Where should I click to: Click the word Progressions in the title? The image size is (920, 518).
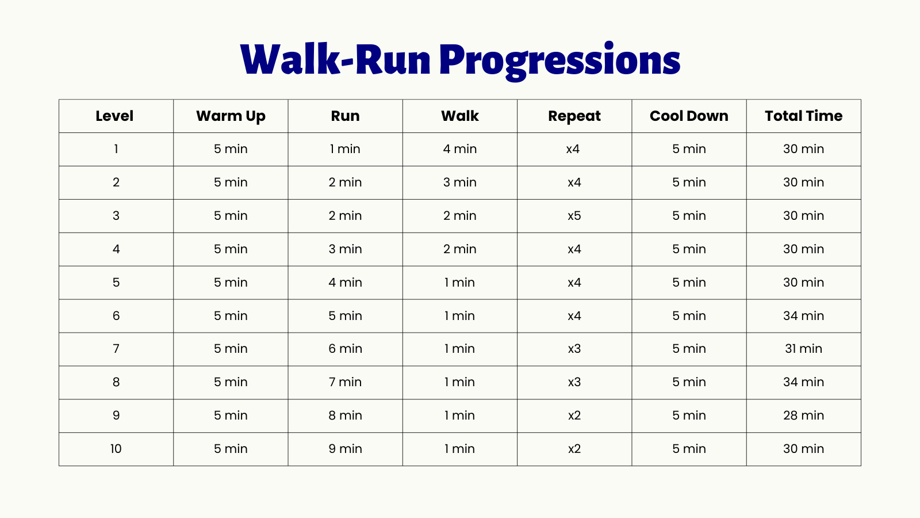pyautogui.click(x=560, y=61)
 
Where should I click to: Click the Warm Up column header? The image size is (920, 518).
pyautogui.click(x=231, y=116)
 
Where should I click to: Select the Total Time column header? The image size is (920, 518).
pyautogui.click(x=803, y=116)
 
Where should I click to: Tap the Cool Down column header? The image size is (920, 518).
pyautogui.click(x=689, y=116)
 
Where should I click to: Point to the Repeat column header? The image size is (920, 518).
pyautogui.click(x=574, y=116)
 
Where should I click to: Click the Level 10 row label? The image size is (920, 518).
pyautogui.click(x=116, y=448)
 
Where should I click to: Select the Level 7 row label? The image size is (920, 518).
pyautogui.click(x=116, y=349)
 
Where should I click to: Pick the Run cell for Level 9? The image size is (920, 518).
pyautogui.click(x=345, y=415)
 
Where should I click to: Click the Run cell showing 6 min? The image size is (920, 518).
pyautogui.click(x=345, y=349)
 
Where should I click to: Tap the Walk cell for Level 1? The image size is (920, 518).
pyautogui.click(x=459, y=149)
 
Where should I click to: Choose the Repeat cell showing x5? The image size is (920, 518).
pyautogui.click(x=574, y=215)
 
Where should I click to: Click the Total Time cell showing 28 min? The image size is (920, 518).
pyautogui.click(x=803, y=415)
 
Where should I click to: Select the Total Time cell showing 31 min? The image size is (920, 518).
pyautogui.click(x=803, y=349)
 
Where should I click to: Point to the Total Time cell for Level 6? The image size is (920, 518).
pyautogui.click(x=803, y=316)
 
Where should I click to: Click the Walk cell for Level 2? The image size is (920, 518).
pyautogui.click(x=459, y=182)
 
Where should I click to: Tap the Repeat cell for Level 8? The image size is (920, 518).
pyautogui.click(x=574, y=382)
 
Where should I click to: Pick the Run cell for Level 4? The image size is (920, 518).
pyautogui.click(x=345, y=249)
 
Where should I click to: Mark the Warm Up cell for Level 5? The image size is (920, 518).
pyautogui.click(x=231, y=283)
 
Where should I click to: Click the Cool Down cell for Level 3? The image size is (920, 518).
pyautogui.click(x=689, y=215)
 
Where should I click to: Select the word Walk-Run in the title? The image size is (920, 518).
pyautogui.click(x=336, y=60)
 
